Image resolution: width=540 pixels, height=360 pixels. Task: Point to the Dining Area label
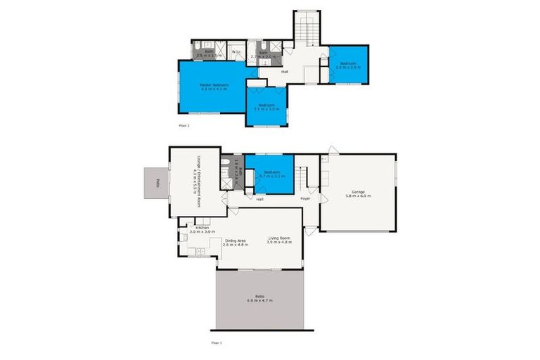pos(235,240)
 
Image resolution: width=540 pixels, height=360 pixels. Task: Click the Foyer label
pos(306,199)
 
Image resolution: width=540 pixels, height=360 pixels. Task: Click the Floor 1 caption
pos(217,342)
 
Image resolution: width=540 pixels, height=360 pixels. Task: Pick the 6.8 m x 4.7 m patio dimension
pos(260,301)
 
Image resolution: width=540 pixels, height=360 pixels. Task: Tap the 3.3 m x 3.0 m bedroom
pos(266,106)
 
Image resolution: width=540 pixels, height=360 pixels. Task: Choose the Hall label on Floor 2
pos(284,71)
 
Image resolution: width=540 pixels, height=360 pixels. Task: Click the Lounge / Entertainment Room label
pos(198,181)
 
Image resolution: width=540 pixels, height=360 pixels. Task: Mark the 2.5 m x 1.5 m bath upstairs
pos(209,52)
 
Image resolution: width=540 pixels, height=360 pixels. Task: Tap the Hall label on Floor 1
pos(259,200)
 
